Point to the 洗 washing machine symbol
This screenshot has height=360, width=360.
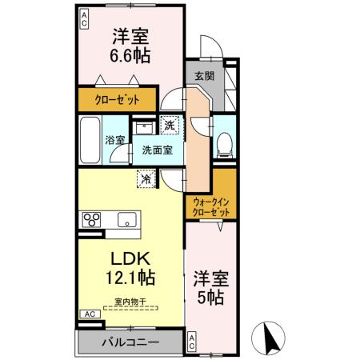coord(170,125)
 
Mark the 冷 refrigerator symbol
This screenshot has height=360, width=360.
coord(147,180)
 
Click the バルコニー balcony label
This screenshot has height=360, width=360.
coord(130,342)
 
